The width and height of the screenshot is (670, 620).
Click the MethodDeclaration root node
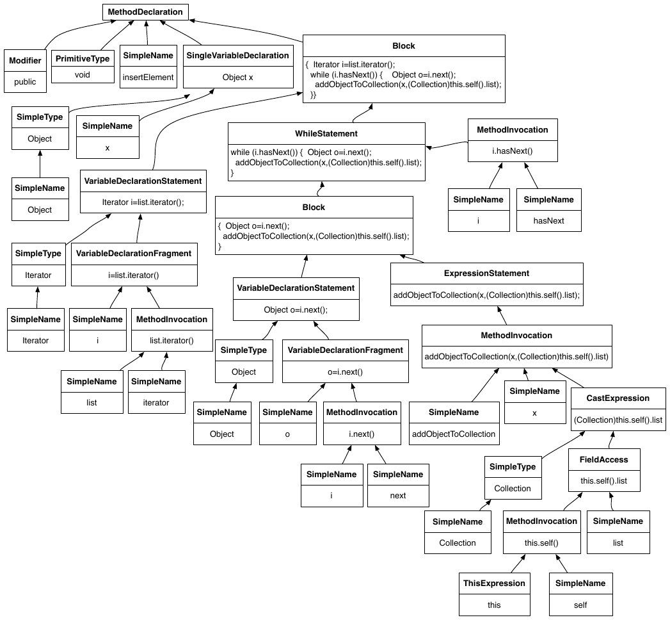point(145,12)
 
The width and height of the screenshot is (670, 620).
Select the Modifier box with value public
point(25,71)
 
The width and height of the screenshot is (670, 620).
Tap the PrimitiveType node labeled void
point(83,67)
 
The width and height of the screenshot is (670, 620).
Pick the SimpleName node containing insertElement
point(148,66)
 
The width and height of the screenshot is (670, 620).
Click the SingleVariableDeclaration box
point(238,66)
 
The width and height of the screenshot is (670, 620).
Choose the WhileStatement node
point(326,152)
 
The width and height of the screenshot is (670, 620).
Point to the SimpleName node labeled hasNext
point(548,210)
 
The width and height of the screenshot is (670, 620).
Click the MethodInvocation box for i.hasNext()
point(513,140)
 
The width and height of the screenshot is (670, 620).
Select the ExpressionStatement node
point(487,284)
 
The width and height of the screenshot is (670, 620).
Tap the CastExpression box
point(618,409)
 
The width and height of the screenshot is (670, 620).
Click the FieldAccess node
point(604,470)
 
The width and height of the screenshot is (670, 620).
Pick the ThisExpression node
point(495,594)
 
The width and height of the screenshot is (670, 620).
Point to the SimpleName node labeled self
point(580,594)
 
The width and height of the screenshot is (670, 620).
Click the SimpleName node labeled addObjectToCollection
point(454,423)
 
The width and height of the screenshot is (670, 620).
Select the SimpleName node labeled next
point(398,485)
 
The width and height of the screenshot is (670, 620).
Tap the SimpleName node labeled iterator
point(156,392)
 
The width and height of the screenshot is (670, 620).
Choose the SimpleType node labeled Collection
point(513,478)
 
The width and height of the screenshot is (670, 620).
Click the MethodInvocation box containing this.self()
point(541,532)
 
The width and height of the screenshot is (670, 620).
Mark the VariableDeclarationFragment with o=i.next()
point(346,361)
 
